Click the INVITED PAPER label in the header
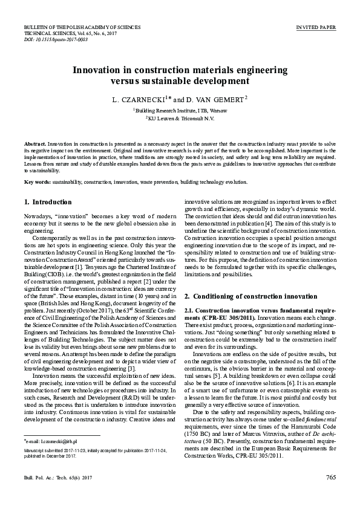pos(316,28)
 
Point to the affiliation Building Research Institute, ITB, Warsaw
pos(180,111)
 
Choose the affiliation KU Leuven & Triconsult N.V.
pos(180,119)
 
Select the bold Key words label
pos(37,181)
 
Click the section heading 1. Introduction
pos(48,202)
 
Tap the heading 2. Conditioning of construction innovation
pos(250,296)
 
